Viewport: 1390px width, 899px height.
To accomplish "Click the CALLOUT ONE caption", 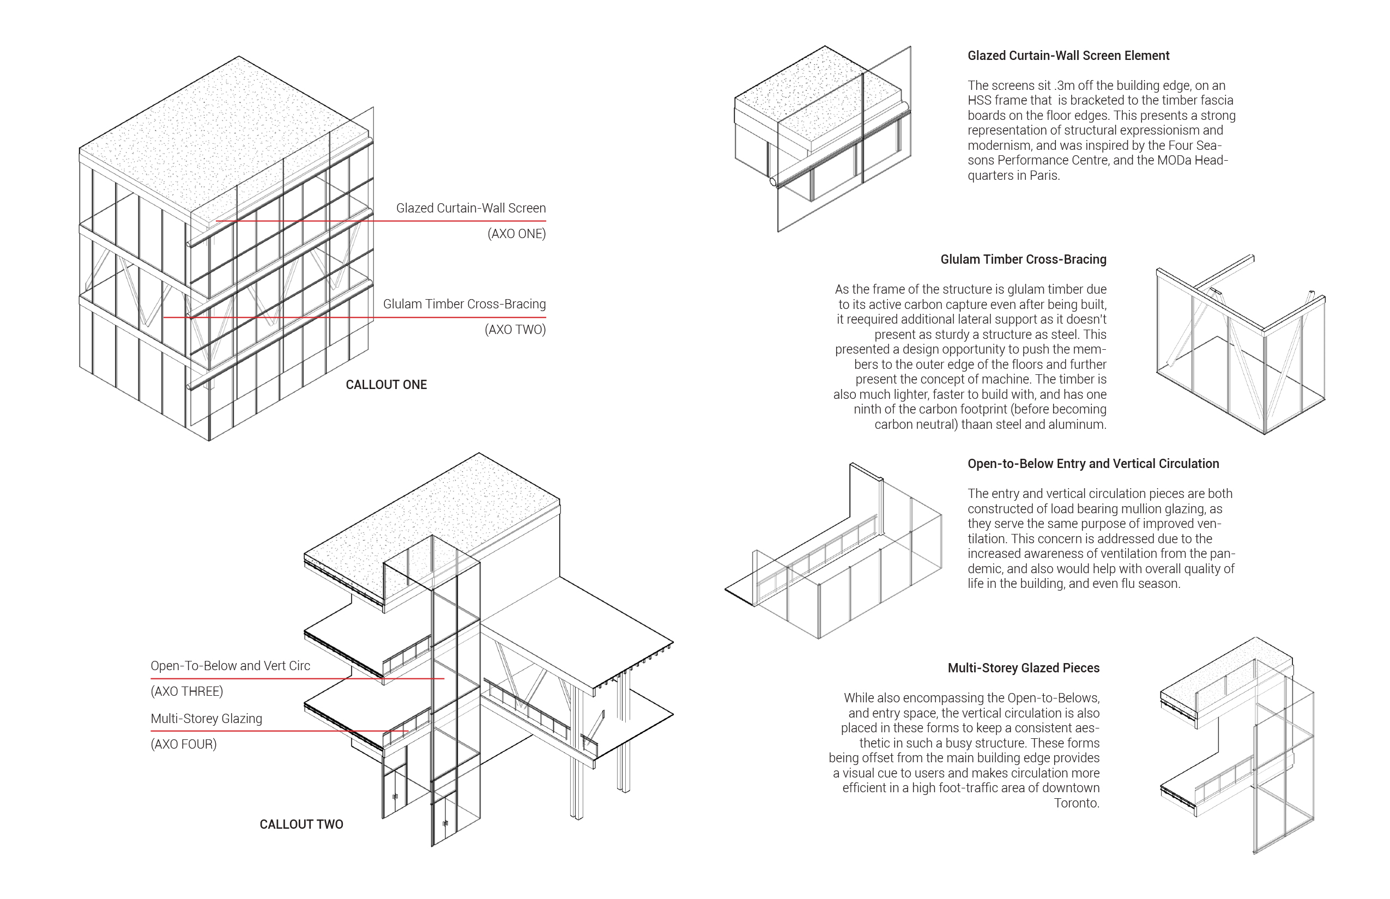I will [386, 385].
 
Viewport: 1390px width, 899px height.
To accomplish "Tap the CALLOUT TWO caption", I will [301, 824].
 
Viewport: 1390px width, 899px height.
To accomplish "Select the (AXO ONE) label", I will [516, 234].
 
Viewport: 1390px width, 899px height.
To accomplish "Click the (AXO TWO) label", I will [515, 329].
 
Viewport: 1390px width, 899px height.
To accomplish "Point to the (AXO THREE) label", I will [187, 691].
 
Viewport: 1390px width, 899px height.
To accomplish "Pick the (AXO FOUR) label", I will [183, 744].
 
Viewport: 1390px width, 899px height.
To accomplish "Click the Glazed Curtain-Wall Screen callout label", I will [471, 208].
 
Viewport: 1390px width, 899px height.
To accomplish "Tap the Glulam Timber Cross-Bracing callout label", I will [464, 304].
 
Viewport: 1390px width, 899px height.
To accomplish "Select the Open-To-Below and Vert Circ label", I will [230, 666].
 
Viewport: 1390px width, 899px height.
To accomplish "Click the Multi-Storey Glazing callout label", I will [206, 719].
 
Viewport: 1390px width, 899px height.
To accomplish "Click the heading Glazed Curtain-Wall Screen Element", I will [1068, 56].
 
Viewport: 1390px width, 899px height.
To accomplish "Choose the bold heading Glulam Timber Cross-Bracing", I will [1023, 259].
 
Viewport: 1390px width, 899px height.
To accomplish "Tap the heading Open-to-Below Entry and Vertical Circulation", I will [1093, 464].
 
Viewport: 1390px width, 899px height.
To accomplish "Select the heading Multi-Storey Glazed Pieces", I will [1023, 668].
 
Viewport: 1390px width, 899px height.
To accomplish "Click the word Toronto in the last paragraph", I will [1076, 803].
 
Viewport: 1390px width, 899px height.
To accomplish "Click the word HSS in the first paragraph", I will [979, 100].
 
